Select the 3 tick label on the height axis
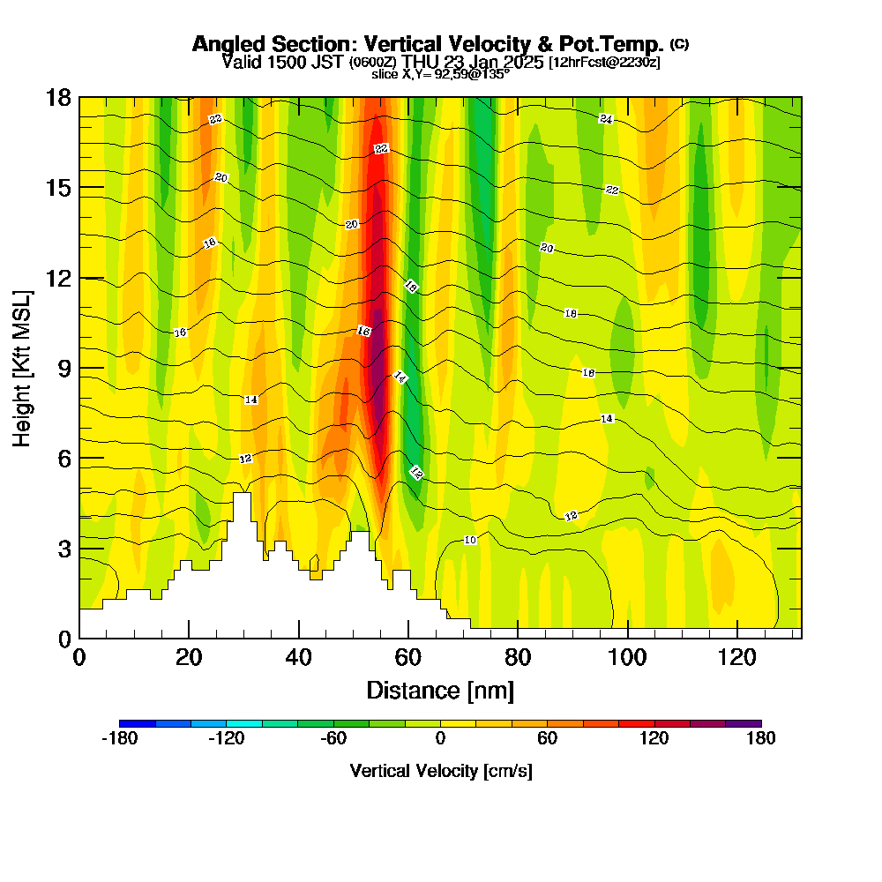(x=64, y=549)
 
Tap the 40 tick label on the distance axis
(x=299, y=657)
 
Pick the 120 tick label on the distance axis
(x=737, y=657)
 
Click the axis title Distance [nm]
(x=440, y=690)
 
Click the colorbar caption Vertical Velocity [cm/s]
(x=440, y=771)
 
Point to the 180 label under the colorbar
(x=760, y=739)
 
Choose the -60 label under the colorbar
(x=333, y=739)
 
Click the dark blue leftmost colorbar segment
(x=137, y=723)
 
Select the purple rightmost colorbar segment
(x=743, y=723)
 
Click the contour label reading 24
(x=606, y=119)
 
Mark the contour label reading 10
(x=470, y=540)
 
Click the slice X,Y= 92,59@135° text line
(x=440, y=75)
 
